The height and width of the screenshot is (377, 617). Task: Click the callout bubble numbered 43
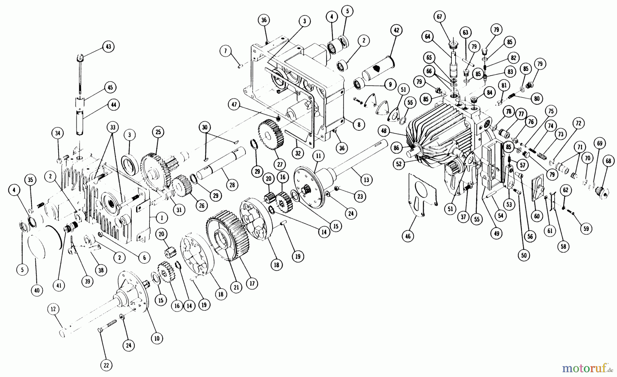pyautogui.click(x=108, y=47)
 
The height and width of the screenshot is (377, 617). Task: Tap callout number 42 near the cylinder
pyautogui.click(x=396, y=30)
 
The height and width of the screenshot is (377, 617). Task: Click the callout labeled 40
pyautogui.click(x=37, y=290)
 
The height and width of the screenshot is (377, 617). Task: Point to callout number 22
pyautogui.click(x=106, y=365)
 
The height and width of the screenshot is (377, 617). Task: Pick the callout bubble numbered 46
pyautogui.click(x=408, y=236)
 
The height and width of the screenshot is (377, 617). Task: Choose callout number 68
pyautogui.click(x=609, y=161)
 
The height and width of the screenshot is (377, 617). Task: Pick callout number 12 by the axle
pyautogui.click(x=53, y=310)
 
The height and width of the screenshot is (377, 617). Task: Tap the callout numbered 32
pyautogui.click(x=298, y=153)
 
